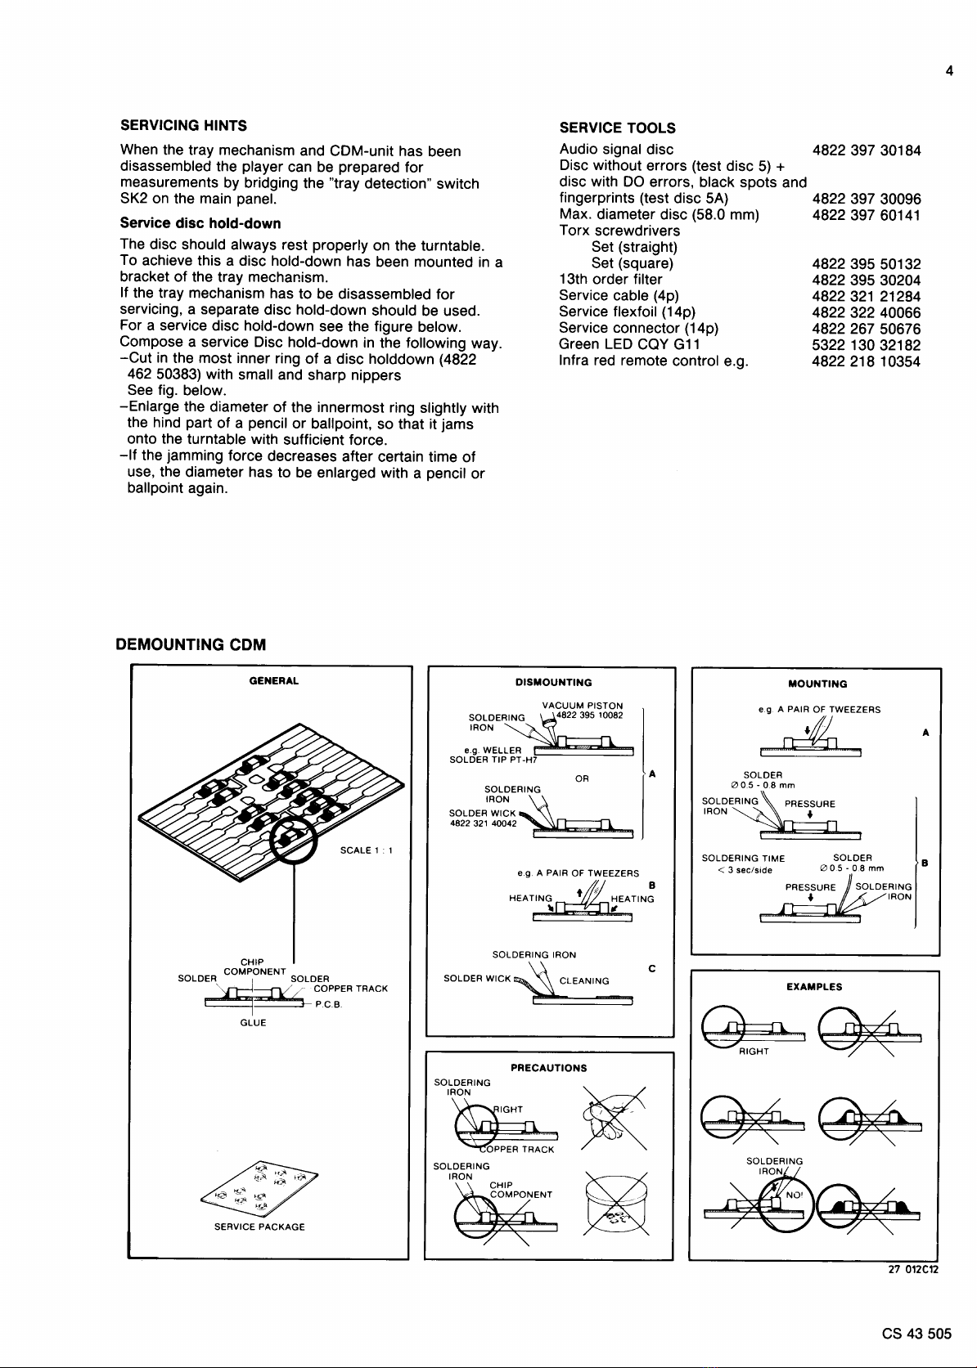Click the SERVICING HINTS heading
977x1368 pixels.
[183, 125]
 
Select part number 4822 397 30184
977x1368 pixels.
[866, 150]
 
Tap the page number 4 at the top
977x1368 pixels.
[949, 71]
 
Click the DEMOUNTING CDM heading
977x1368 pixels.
[191, 644]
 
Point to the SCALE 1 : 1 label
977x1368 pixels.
[367, 850]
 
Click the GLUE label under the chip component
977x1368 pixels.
[253, 1023]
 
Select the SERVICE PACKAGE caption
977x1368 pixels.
[259, 1227]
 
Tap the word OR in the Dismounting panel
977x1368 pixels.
[582, 778]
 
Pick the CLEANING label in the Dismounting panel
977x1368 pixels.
[583, 981]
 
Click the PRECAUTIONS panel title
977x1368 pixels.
[548, 1068]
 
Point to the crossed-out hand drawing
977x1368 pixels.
[613, 1117]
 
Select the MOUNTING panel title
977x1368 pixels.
[817, 684]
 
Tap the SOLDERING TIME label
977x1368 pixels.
[743, 859]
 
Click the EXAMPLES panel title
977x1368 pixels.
[813, 987]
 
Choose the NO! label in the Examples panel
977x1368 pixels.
[793, 1195]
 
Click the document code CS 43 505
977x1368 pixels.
[916, 1334]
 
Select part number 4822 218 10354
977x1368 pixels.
[866, 361]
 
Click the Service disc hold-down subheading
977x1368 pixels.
[200, 223]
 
